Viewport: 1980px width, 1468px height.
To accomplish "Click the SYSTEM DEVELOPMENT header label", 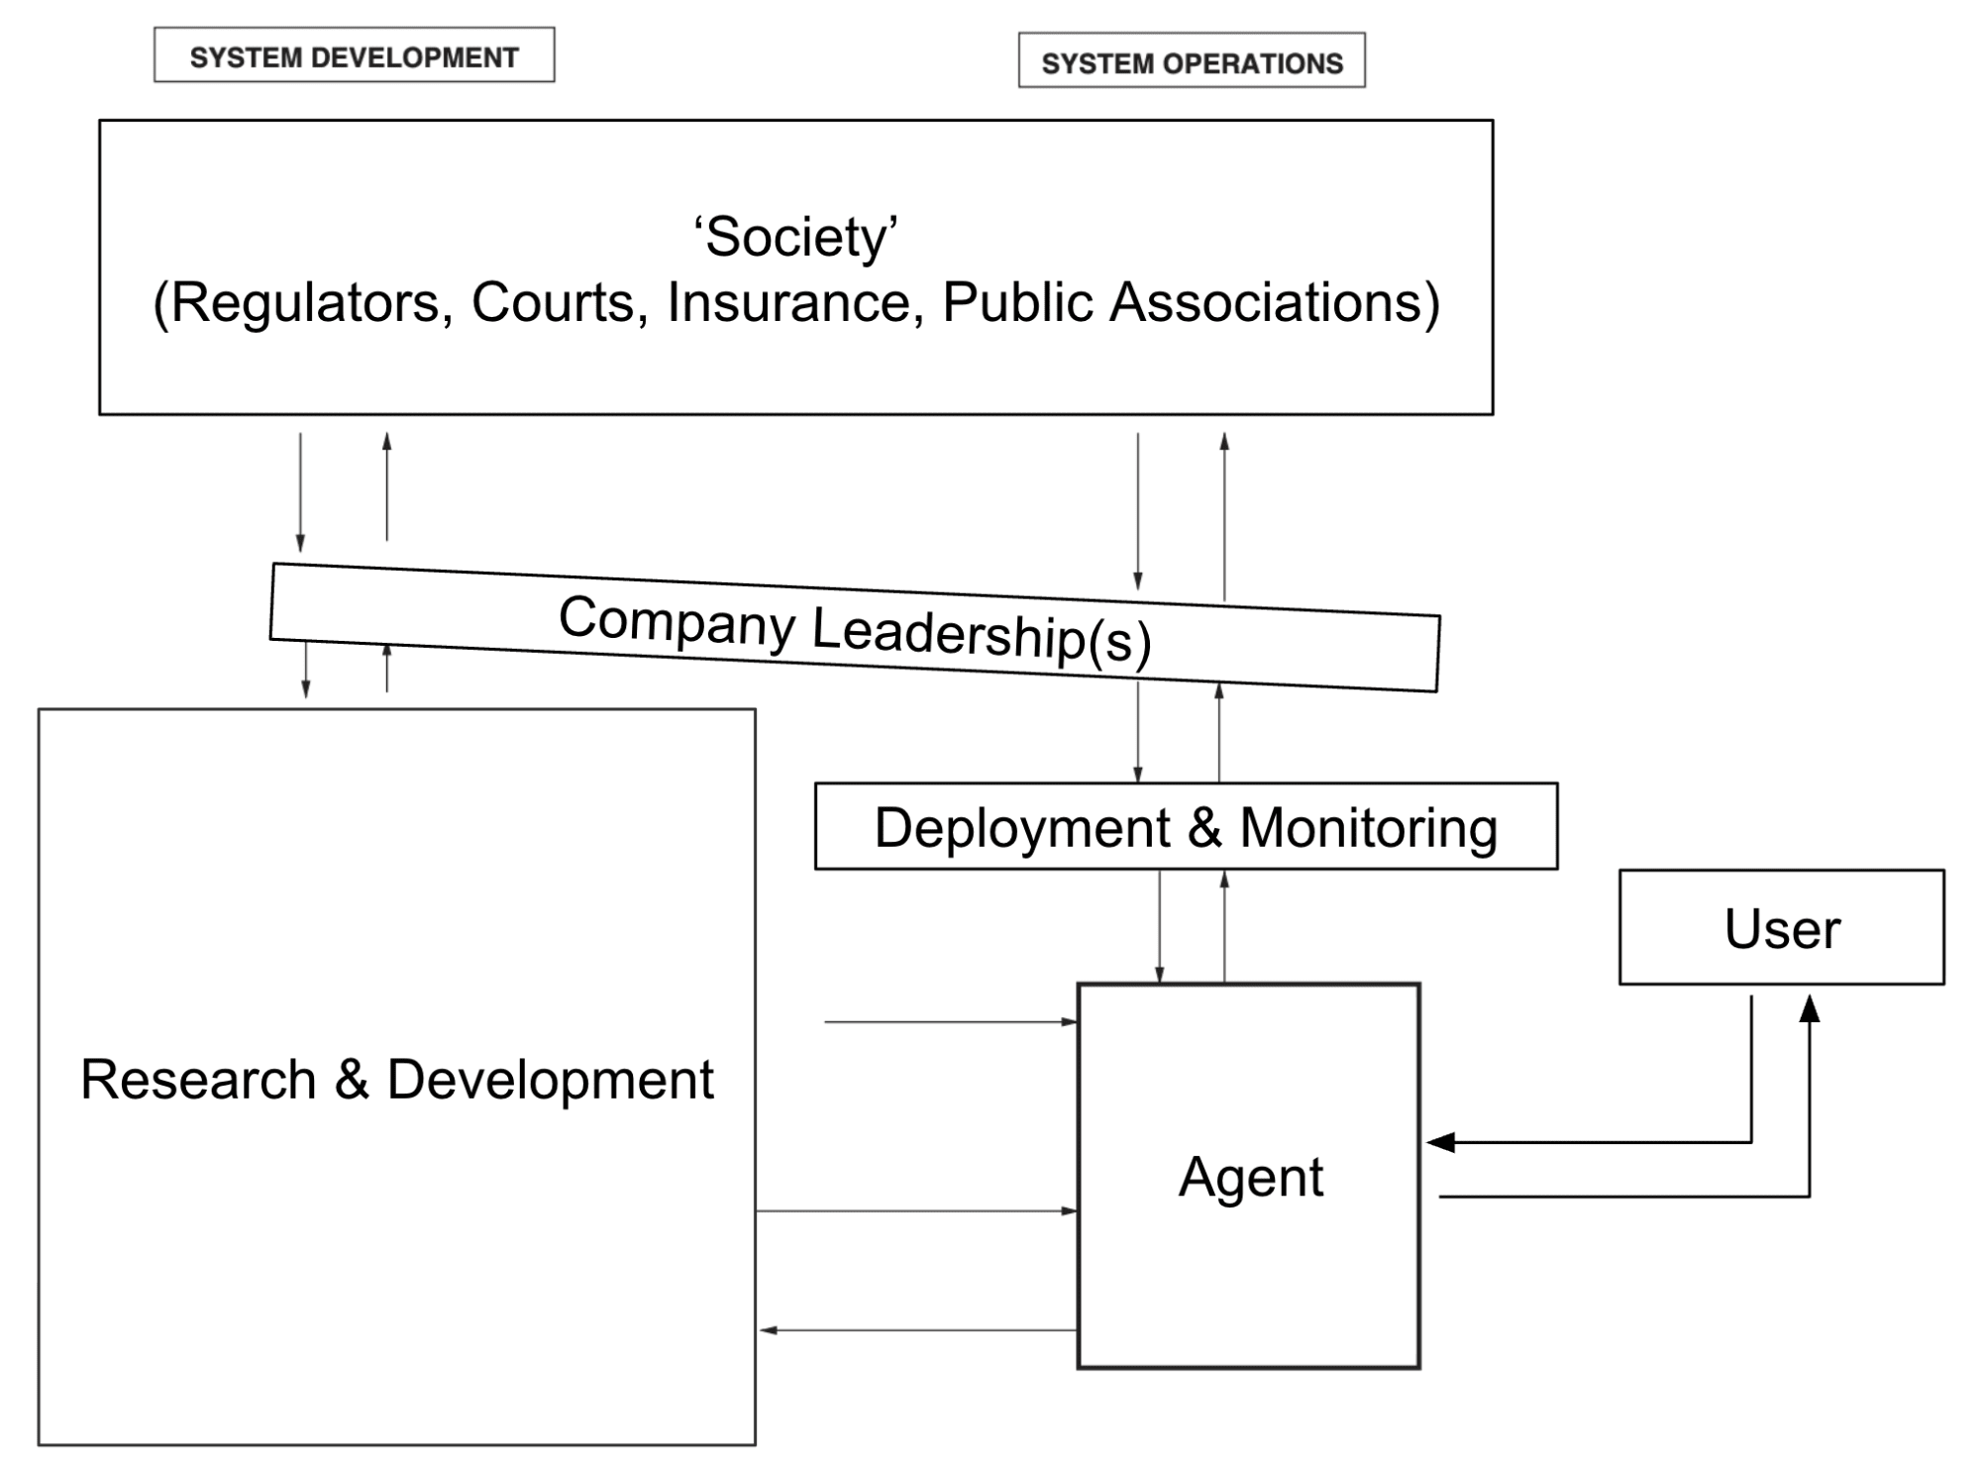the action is [x=355, y=57].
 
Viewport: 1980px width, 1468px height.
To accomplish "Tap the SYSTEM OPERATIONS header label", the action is [x=1193, y=63].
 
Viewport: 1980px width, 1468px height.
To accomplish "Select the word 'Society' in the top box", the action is [x=796, y=238].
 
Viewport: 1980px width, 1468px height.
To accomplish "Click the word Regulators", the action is [x=303, y=302].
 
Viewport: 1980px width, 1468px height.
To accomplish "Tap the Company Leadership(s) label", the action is [x=855, y=628].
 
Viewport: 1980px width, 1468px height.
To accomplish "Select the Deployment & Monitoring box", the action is [x=1186, y=826].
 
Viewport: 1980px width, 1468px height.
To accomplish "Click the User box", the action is [x=1781, y=927].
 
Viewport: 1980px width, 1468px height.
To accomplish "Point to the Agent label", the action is [x=1250, y=1177].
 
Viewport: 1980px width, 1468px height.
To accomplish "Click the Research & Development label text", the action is [x=396, y=1079].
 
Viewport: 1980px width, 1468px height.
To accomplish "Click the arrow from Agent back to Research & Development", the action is [x=918, y=1330].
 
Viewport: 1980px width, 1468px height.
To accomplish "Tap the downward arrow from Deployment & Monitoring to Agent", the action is [x=1159, y=927].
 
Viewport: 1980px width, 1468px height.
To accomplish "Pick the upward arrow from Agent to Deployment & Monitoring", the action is [x=1224, y=927].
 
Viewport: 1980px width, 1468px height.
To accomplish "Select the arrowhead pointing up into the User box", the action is [x=1809, y=1008].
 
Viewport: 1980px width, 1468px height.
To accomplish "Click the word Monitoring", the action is [x=1368, y=828].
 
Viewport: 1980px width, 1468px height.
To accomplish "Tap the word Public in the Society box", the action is [x=1017, y=302].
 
